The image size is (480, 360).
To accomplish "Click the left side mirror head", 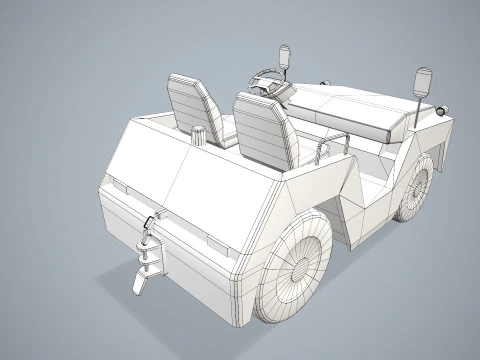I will pos(285,55).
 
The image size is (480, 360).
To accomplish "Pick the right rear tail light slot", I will pos(214,244).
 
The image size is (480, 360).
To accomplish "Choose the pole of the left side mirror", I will pos(285,75).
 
